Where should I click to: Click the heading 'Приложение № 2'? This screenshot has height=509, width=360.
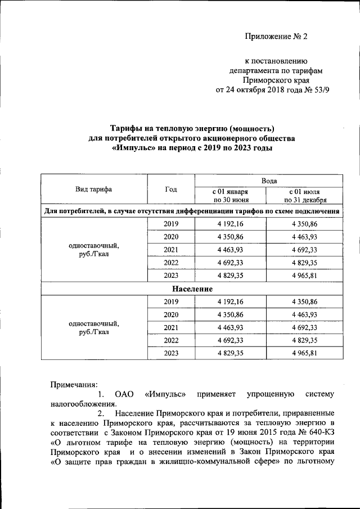pos(277,37)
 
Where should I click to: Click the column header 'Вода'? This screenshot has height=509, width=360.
pos(268,180)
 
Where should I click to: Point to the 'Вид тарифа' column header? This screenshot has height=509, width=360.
pos(94,190)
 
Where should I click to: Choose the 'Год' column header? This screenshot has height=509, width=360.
pos(170,190)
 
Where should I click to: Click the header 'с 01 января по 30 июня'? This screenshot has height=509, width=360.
pos(230,195)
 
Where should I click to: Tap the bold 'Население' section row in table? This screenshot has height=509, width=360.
pos(191,289)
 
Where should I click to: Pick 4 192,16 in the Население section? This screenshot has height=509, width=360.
pos(230,301)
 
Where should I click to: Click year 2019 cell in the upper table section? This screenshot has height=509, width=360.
pos(170,224)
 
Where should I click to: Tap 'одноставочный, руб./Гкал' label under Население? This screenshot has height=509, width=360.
pos(94,328)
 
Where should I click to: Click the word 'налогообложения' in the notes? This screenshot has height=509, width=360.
pos(83,403)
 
